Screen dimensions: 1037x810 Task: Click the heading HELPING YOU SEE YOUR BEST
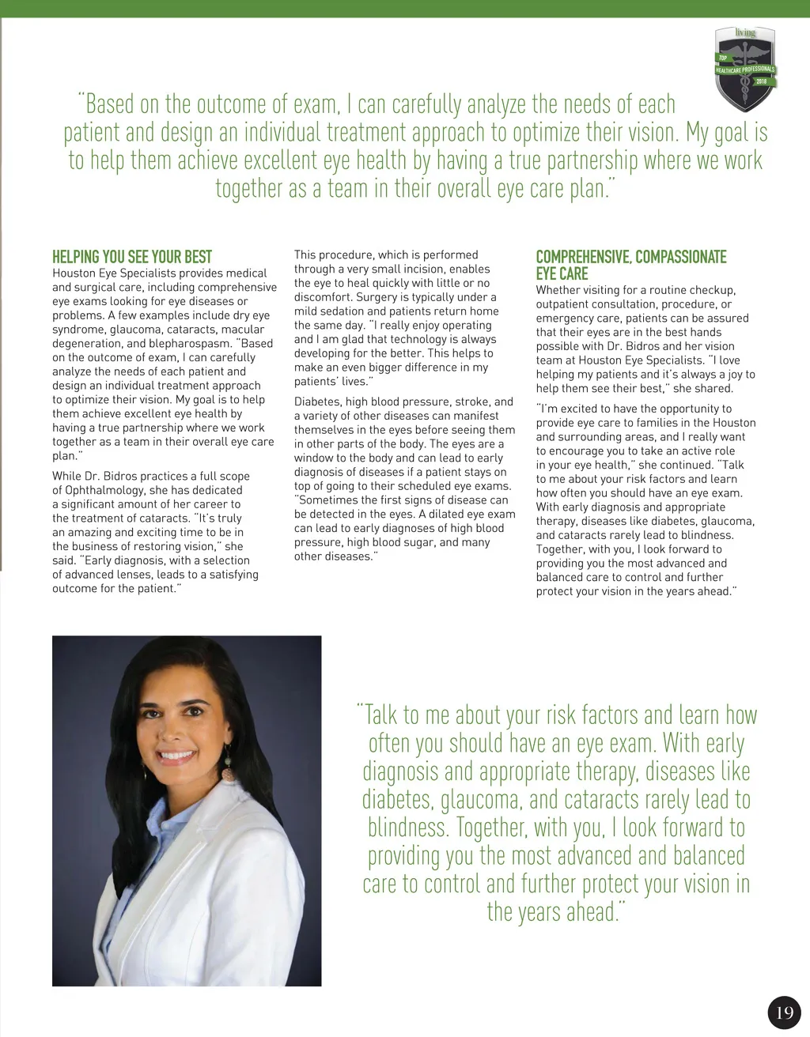pyautogui.click(x=132, y=257)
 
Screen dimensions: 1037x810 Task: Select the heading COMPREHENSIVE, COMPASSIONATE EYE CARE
pyautogui.click(x=630, y=265)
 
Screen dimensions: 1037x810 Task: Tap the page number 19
pyautogui.click(x=784, y=1012)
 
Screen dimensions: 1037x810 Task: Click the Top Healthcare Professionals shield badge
pyautogui.click(x=744, y=68)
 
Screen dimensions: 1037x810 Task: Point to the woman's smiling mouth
pyautogui.click(x=177, y=756)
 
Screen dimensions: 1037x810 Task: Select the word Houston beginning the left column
pyautogui.click(x=74, y=273)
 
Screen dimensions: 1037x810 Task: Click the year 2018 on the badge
pyautogui.click(x=761, y=81)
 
